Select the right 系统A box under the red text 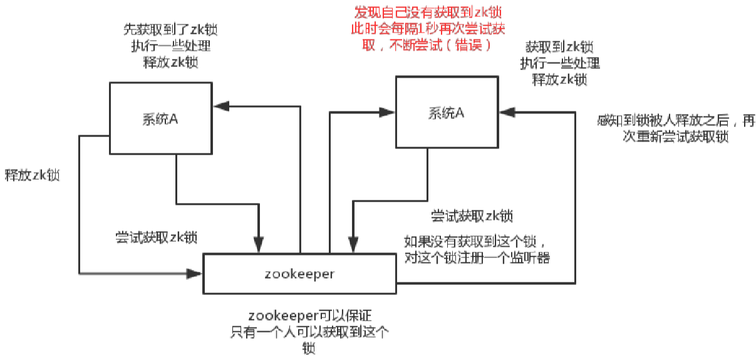446,113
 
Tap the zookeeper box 300,274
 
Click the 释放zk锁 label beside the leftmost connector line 32,175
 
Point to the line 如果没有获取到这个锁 477,242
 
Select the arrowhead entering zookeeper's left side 196,273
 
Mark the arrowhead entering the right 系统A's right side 506,112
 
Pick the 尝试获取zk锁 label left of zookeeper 156,237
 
